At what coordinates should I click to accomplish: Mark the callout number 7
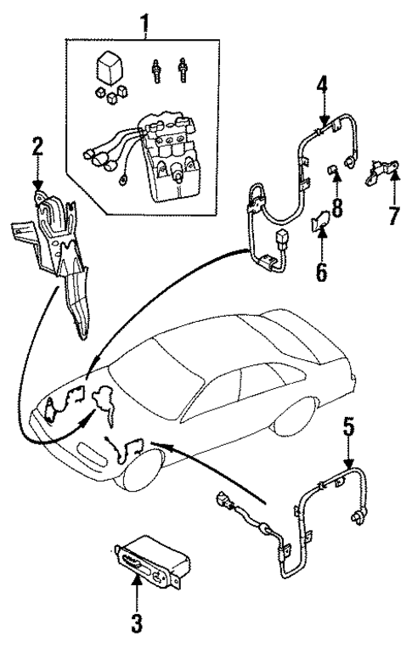click(x=392, y=215)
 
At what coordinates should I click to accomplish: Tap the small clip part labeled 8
click(x=335, y=177)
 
